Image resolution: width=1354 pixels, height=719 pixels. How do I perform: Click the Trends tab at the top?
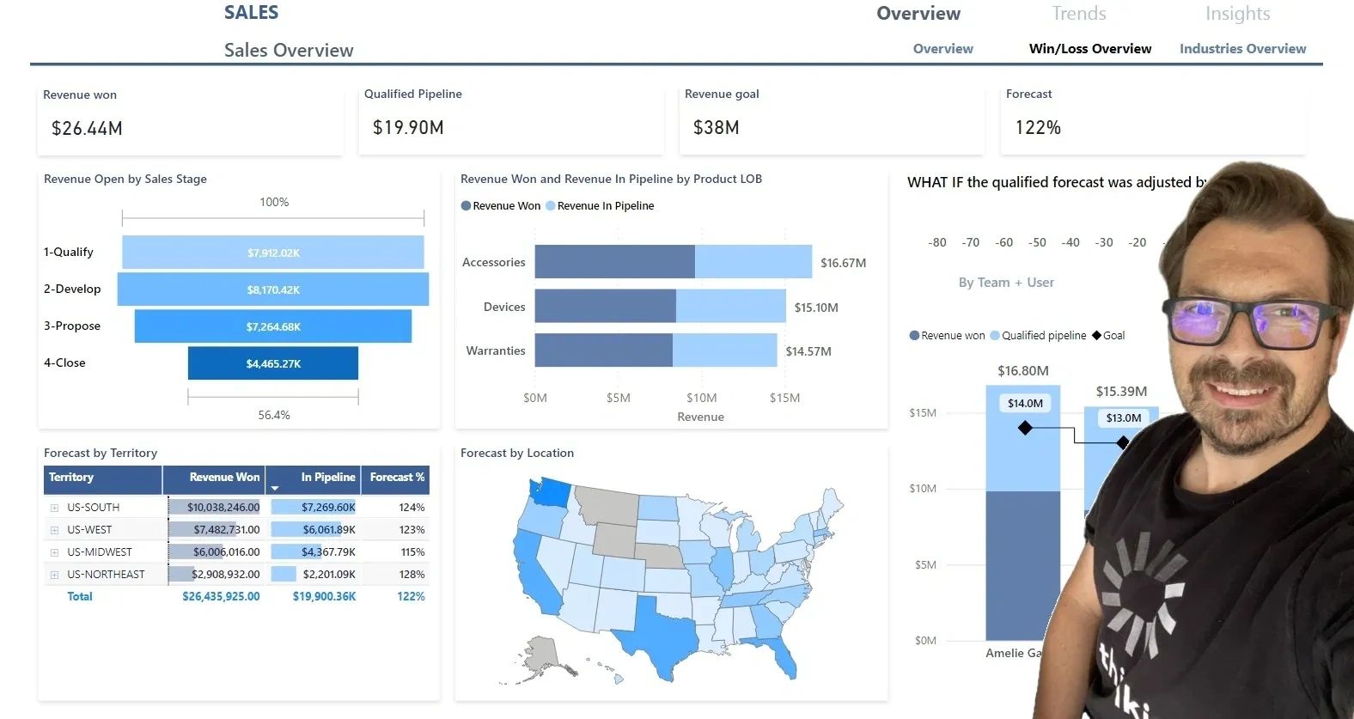pyautogui.click(x=1078, y=14)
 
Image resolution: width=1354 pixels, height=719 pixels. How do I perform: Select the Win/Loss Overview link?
pyautogui.click(x=1089, y=49)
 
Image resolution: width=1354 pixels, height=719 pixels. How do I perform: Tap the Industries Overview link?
pyautogui.click(x=1242, y=49)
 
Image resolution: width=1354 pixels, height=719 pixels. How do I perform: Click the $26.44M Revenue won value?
pyautogui.click(x=87, y=129)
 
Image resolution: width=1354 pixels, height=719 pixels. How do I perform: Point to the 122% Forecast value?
pyautogui.click(x=1038, y=128)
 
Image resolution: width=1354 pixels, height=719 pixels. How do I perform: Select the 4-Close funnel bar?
pyautogui.click(x=273, y=363)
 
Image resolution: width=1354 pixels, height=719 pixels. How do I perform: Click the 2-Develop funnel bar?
pyautogui.click(x=273, y=289)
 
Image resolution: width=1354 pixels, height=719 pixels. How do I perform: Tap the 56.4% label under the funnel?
pyautogui.click(x=274, y=415)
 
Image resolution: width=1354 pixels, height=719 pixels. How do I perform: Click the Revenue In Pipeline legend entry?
pyautogui.click(x=605, y=206)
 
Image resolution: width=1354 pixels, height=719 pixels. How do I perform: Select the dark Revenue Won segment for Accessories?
pyautogui.click(x=614, y=262)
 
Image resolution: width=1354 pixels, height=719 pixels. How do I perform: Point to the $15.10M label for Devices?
pyautogui.click(x=815, y=308)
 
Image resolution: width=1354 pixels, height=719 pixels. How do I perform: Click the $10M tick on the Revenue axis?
pyautogui.click(x=701, y=398)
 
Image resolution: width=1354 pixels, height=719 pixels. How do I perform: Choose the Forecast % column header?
pyautogui.click(x=397, y=478)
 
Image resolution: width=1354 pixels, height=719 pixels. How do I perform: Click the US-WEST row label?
pyautogui.click(x=89, y=530)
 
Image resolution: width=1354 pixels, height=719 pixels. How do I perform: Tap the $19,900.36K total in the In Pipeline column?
pyautogui.click(x=324, y=596)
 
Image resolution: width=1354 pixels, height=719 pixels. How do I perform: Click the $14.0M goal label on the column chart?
pyautogui.click(x=1025, y=403)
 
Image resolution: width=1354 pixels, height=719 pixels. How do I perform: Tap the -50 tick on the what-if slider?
pyautogui.click(x=1037, y=243)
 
